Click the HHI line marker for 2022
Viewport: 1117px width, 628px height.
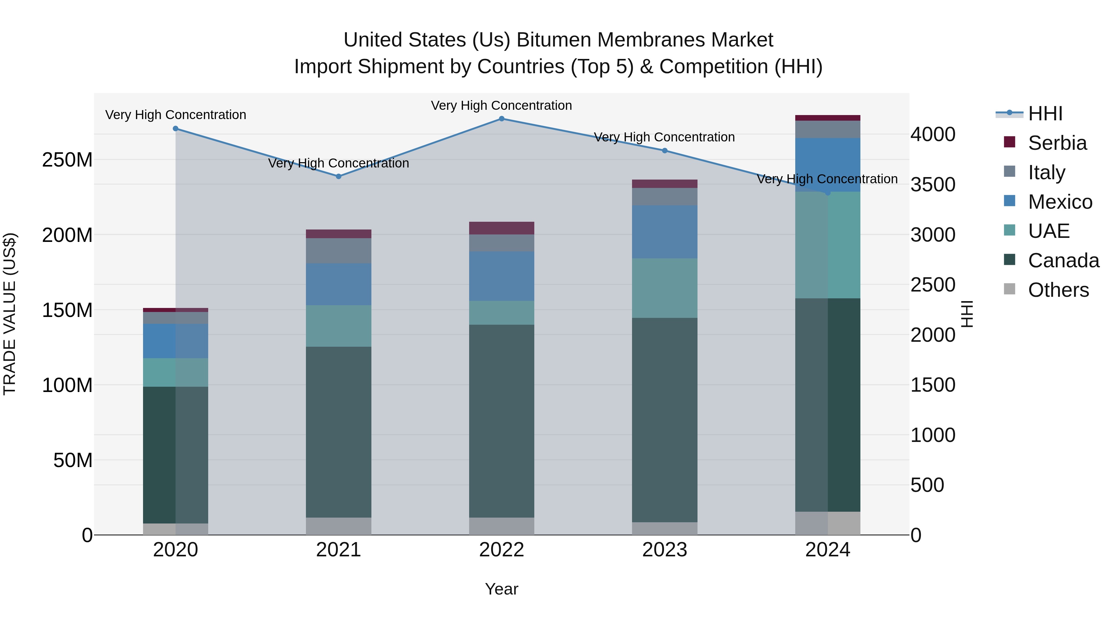point(501,119)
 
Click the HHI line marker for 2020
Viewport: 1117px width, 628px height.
point(176,129)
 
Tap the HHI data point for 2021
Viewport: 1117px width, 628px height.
point(339,176)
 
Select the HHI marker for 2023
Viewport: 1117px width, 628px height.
point(664,151)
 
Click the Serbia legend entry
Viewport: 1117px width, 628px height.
point(1057,143)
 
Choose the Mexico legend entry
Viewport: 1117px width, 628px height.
point(1060,202)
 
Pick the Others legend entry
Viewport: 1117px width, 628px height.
point(1058,290)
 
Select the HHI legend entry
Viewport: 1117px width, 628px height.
point(1045,114)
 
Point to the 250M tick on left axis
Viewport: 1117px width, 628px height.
point(67,160)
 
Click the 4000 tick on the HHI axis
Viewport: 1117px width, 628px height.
point(932,134)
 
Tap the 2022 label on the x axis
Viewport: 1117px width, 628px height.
point(501,550)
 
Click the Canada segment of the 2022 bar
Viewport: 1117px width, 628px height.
point(501,421)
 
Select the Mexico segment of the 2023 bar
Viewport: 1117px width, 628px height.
point(664,232)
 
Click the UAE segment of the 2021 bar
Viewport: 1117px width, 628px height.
point(339,326)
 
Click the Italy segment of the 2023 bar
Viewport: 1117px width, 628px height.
point(664,197)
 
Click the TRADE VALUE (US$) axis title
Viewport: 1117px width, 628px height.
point(10,314)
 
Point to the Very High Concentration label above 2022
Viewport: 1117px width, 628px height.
point(501,105)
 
